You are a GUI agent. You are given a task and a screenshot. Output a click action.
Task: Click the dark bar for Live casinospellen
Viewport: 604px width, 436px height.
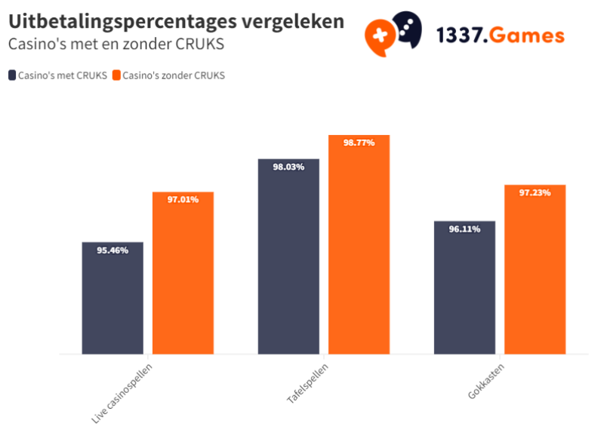112,302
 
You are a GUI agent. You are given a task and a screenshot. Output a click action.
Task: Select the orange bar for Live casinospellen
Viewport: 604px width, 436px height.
183,279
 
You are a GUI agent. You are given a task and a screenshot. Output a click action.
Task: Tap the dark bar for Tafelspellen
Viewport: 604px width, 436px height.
288,260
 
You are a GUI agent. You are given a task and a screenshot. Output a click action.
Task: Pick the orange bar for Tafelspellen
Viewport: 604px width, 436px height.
359,249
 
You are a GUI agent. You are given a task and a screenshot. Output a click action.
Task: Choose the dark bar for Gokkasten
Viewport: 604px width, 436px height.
464,290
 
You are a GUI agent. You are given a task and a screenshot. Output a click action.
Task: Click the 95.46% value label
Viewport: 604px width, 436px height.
112,250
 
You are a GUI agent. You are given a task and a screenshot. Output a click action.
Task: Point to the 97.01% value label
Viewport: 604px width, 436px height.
183,200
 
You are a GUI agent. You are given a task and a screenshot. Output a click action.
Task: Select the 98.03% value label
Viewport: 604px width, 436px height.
288,167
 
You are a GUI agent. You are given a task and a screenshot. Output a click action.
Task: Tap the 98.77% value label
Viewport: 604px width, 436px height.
359,143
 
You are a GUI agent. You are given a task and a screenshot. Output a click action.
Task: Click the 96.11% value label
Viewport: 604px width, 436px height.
464,229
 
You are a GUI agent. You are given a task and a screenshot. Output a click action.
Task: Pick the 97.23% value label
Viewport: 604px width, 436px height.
535,192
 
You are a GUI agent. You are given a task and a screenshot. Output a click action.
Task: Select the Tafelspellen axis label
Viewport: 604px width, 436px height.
307,381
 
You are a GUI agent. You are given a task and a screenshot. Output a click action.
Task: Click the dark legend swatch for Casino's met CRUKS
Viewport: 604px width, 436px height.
12,75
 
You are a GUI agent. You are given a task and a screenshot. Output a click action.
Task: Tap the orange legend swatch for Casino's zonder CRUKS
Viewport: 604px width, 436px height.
116,75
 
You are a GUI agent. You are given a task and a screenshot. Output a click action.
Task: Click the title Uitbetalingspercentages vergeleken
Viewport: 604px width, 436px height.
176,21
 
